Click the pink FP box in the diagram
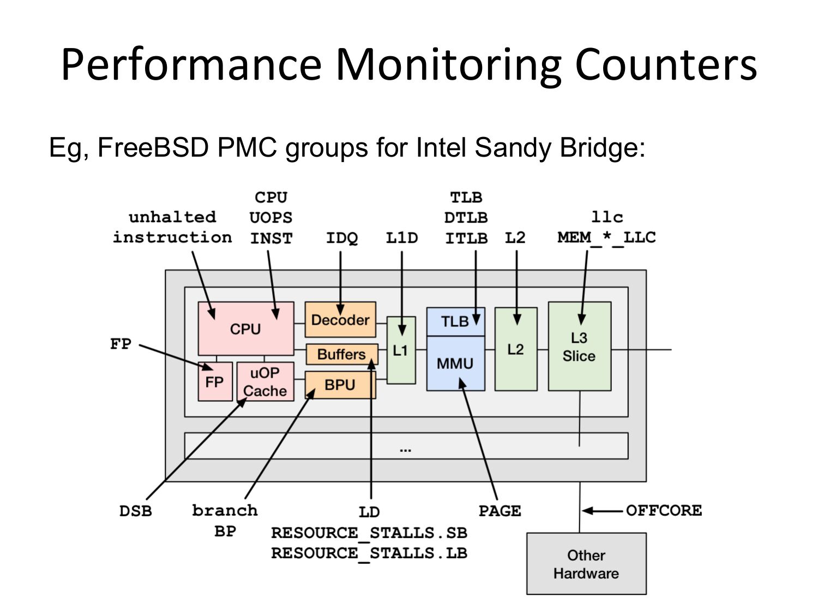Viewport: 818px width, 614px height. tap(215, 381)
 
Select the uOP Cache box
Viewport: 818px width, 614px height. tap(266, 381)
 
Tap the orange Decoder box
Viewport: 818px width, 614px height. tap(340, 319)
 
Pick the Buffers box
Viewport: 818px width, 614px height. tap(342, 354)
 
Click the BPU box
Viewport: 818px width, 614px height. tap(340, 385)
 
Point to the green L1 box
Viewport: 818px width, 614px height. tap(401, 350)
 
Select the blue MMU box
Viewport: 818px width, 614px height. tap(455, 363)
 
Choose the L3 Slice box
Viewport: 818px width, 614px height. tap(580, 347)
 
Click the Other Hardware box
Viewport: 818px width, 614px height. tap(586, 564)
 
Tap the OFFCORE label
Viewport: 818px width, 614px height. tap(664, 510)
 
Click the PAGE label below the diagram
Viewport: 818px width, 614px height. tap(500, 511)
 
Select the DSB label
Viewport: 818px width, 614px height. tap(136, 511)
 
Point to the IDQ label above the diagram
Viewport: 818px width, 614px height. tap(342, 238)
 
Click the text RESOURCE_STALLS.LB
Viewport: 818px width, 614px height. tap(369, 553)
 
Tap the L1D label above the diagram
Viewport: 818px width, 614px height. tap(402, 238)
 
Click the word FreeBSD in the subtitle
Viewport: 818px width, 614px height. tap(153, 147)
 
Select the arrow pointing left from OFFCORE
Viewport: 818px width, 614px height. tap(602, 510)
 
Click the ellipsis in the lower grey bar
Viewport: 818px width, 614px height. tap(406, 451)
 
